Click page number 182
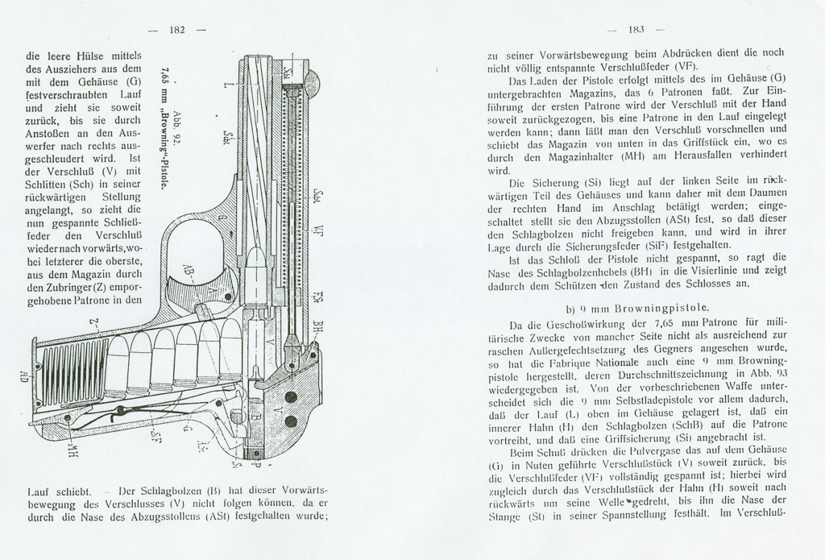click(178, 30)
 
